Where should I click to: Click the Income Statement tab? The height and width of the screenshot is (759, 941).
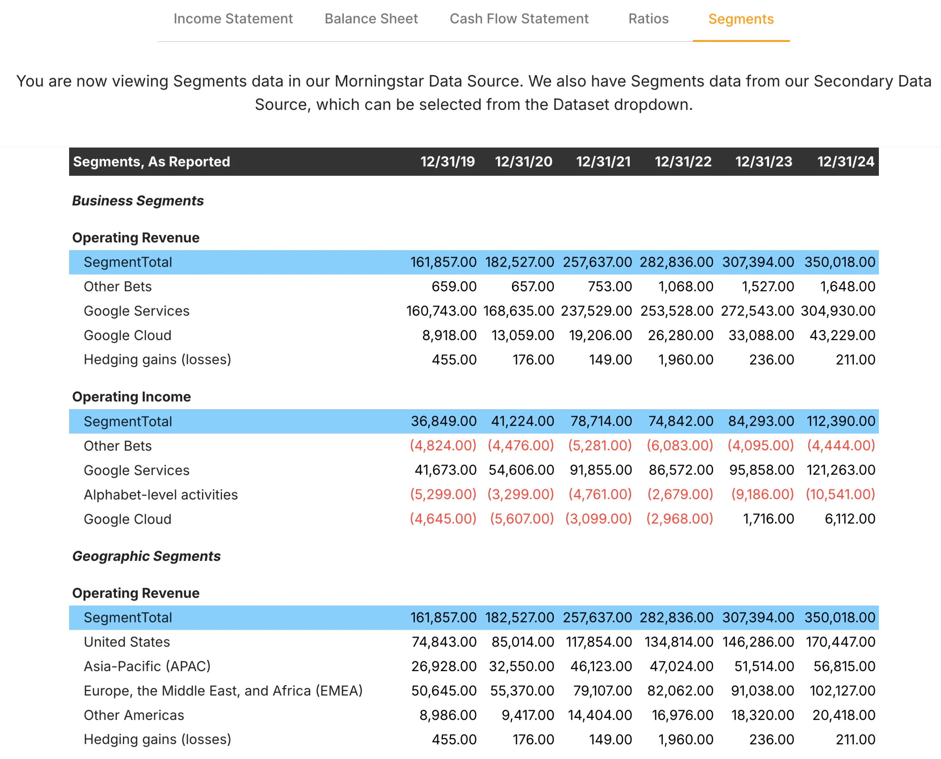tap(233, 19)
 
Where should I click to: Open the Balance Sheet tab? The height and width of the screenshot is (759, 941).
tap(371, 19)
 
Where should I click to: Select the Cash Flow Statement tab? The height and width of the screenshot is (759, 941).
tap(519, 19)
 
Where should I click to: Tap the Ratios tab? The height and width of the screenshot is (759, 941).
tap(648, 19)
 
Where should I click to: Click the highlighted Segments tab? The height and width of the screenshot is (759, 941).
tap(741, 19)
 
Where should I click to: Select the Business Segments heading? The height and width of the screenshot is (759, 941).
tap(138, 201)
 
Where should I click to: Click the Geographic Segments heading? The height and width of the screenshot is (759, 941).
tap(146, 556)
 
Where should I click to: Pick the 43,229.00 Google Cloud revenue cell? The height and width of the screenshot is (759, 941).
tap(842, 335)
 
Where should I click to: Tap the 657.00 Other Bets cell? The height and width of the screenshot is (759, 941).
tap(532, 287)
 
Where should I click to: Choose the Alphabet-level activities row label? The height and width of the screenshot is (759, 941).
tap(161, 494)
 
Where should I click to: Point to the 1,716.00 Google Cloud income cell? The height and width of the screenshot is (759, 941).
tap(768, 519)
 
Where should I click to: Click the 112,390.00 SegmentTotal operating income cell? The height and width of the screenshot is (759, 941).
tap(840, 421)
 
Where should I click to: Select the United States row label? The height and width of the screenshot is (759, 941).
tap(127, 642)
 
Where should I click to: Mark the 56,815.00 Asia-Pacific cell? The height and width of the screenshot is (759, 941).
tap(844, 666)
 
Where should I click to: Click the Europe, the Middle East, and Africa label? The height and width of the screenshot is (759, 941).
tap(223, 691)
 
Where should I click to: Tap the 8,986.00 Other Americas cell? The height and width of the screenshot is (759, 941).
tap(448, 715)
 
